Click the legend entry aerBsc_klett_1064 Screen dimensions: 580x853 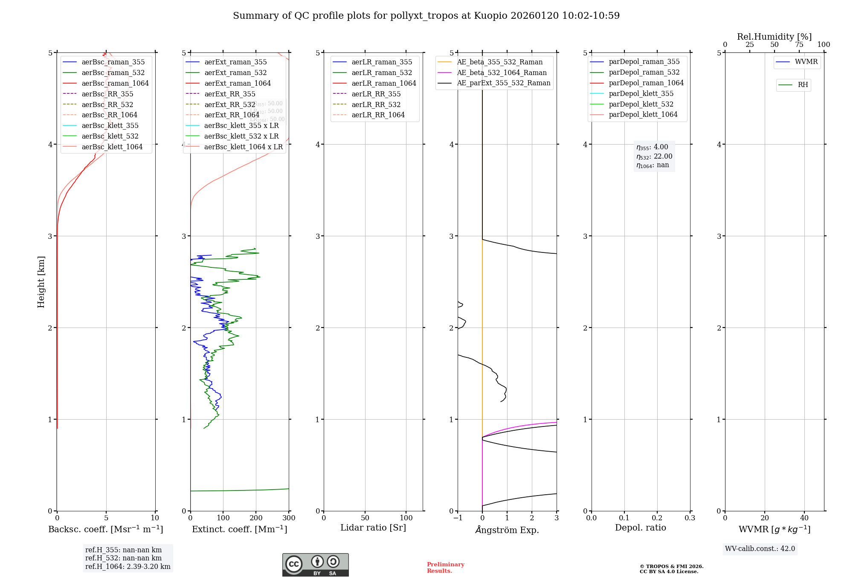point(112,147)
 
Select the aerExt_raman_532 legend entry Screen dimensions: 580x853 point(235,72)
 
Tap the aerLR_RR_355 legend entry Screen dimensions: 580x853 point(376,94)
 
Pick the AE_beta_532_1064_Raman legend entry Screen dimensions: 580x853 point(502,72)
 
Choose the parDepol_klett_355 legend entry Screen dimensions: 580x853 point(641,93)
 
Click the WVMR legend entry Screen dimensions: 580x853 point(806,62)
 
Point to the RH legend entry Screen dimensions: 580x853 point(803,85)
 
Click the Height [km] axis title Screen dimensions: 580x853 point(41,282)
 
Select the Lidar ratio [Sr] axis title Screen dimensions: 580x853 point(373,528)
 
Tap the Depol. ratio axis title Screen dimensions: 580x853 point(640,528)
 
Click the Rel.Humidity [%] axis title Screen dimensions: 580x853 point(774,37)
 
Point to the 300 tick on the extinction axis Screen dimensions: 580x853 point(289,518)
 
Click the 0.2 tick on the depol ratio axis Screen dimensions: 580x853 point(657,518)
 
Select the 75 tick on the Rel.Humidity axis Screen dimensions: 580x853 point(799,44)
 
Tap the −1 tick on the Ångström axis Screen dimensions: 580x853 point(458,518)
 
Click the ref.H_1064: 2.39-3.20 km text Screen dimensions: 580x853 point(128,566)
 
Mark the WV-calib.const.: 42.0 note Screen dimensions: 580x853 point(760,548)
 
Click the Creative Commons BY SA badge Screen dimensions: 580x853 point(315,565)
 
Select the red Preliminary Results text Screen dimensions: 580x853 point(445,567)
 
